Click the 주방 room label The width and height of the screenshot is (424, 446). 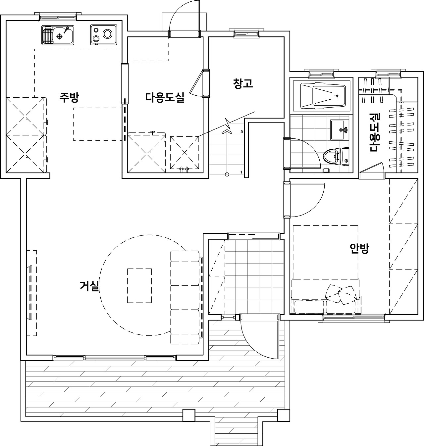pyautogui.click(x=69, y=97)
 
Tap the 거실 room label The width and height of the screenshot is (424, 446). pyautogui.click(x=89, y=286)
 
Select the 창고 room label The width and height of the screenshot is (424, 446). pyautogui.click(x=243, y=83)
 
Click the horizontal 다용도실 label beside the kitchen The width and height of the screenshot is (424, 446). pyautogui.click(x=165, y=97)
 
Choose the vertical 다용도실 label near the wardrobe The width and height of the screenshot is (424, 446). pyautogui.click(x=375, y=132)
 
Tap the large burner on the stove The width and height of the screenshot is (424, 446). pyautogui.click(x=108, y=34)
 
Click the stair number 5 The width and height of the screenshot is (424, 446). pyautogui.click(x=242, y=132)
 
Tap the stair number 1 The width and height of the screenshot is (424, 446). pyautogui.click(x=241, y=172)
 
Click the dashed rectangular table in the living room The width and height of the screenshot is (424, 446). pyautogui.click(x=139, y=285)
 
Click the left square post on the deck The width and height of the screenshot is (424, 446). pyautogui.click(x=189, y=415)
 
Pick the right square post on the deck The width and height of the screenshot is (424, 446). pyautogui.click(x=283, y=415)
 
